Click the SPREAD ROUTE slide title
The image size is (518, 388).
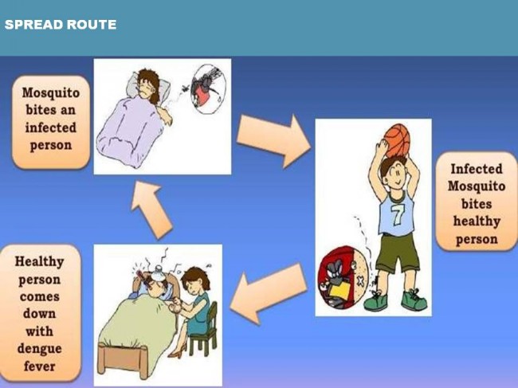point(61,25)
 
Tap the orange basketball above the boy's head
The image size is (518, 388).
point(398,141)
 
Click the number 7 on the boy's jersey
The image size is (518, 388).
point(397,214)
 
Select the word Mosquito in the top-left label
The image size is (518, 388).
point(51,93)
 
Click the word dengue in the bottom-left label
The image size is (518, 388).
point(40,349)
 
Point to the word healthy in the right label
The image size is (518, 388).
point(477,221)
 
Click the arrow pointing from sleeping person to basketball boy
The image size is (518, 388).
point(273,140)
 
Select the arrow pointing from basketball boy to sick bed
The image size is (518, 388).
point(269,292)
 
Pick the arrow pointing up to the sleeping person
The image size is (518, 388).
point(151,210)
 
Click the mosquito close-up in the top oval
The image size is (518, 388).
point(209,89)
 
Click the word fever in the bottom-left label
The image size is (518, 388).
point(40,366)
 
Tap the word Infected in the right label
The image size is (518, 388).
point(477,169)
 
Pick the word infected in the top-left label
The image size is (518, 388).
point(50,127)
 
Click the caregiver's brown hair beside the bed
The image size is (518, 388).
point(195,279)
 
